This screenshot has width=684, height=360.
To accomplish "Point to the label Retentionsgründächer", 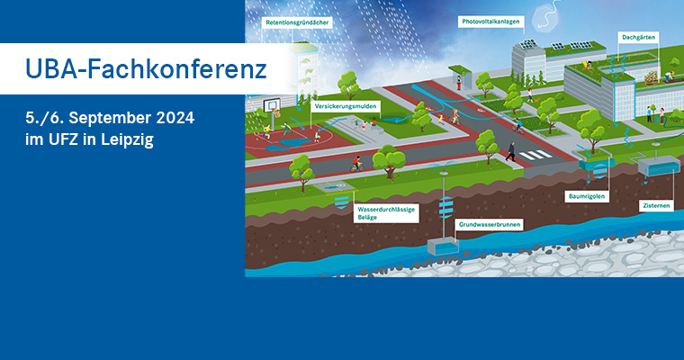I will click(296, 21).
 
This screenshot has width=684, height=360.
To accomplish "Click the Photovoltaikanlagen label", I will click(491, 21).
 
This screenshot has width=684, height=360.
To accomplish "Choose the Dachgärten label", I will click(637, 38).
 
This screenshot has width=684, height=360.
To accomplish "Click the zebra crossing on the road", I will click(537, 156).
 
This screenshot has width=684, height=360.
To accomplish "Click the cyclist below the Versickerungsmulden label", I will click(356, 164).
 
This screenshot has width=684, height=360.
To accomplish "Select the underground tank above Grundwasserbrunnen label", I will click(443, 245).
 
